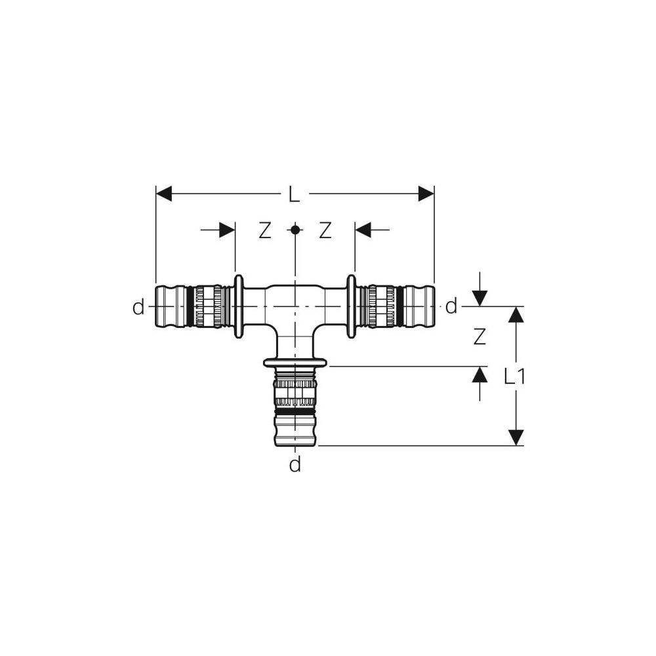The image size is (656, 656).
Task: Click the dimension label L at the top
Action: click(295, 194)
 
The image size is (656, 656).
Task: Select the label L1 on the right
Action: click(518, 376)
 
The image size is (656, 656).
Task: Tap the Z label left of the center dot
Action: click(264, 230)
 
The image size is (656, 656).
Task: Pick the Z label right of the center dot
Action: click(325, 230)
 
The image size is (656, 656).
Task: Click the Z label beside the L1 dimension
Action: click(480, 337)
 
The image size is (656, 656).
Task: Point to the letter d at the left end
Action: click(138, 307)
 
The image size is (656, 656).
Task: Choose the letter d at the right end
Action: click(451, 306)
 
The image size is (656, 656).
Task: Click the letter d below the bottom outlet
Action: click(295, 465)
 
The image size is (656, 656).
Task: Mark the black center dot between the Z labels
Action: click(295, 230)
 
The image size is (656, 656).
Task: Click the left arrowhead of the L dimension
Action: click(164, 194)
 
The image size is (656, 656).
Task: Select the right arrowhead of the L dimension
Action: click(426, 194)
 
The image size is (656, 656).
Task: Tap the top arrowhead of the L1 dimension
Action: click(516, 315)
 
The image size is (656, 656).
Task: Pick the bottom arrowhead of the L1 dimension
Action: click(516, 437)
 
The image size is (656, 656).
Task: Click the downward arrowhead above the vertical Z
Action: click(480, 298)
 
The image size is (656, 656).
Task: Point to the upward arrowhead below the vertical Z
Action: click(480, 375)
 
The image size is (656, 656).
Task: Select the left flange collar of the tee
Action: click(239, 306)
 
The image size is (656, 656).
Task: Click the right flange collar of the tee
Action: click(352, 306)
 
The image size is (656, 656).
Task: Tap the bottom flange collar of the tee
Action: click(295, 363)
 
